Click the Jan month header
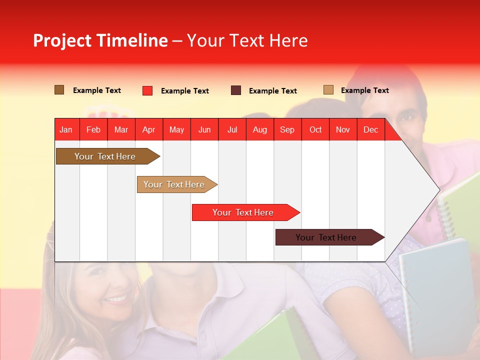tap(66, 129)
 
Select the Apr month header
tap(149, 129)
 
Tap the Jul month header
tap(232, 129)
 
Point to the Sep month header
tap(287, 129)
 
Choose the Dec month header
tap(370, 129)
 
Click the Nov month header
tap(342, 129)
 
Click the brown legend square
tap(59, 90)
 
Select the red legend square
tap(147, 90)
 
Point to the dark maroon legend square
tap(236, 90)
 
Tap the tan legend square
tap(328, 90)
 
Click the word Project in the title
tap(62, 40)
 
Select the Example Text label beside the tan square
tap(364, 90)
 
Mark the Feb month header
tap(93, 129)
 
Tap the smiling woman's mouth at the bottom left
tap(116, 299)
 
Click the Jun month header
tap(204, 129)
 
